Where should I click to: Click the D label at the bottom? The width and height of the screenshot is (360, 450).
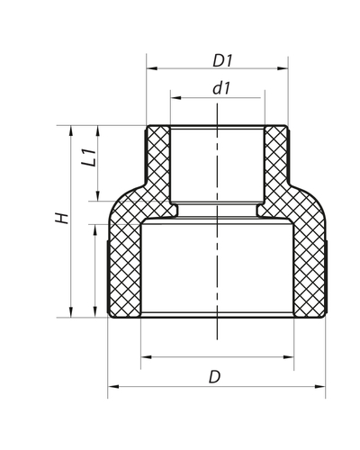[x=214, y=377]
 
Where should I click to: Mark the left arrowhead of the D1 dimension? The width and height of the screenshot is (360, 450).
[x=149, y=68]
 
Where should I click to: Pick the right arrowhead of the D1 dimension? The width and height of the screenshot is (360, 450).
[x=287, y=68]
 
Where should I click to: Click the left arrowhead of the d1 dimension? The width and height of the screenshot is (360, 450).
[x=173, y=97]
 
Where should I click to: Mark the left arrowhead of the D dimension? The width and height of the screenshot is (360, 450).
[x=112, y=388]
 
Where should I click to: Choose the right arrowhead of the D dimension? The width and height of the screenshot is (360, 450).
[x=325, y=388]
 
